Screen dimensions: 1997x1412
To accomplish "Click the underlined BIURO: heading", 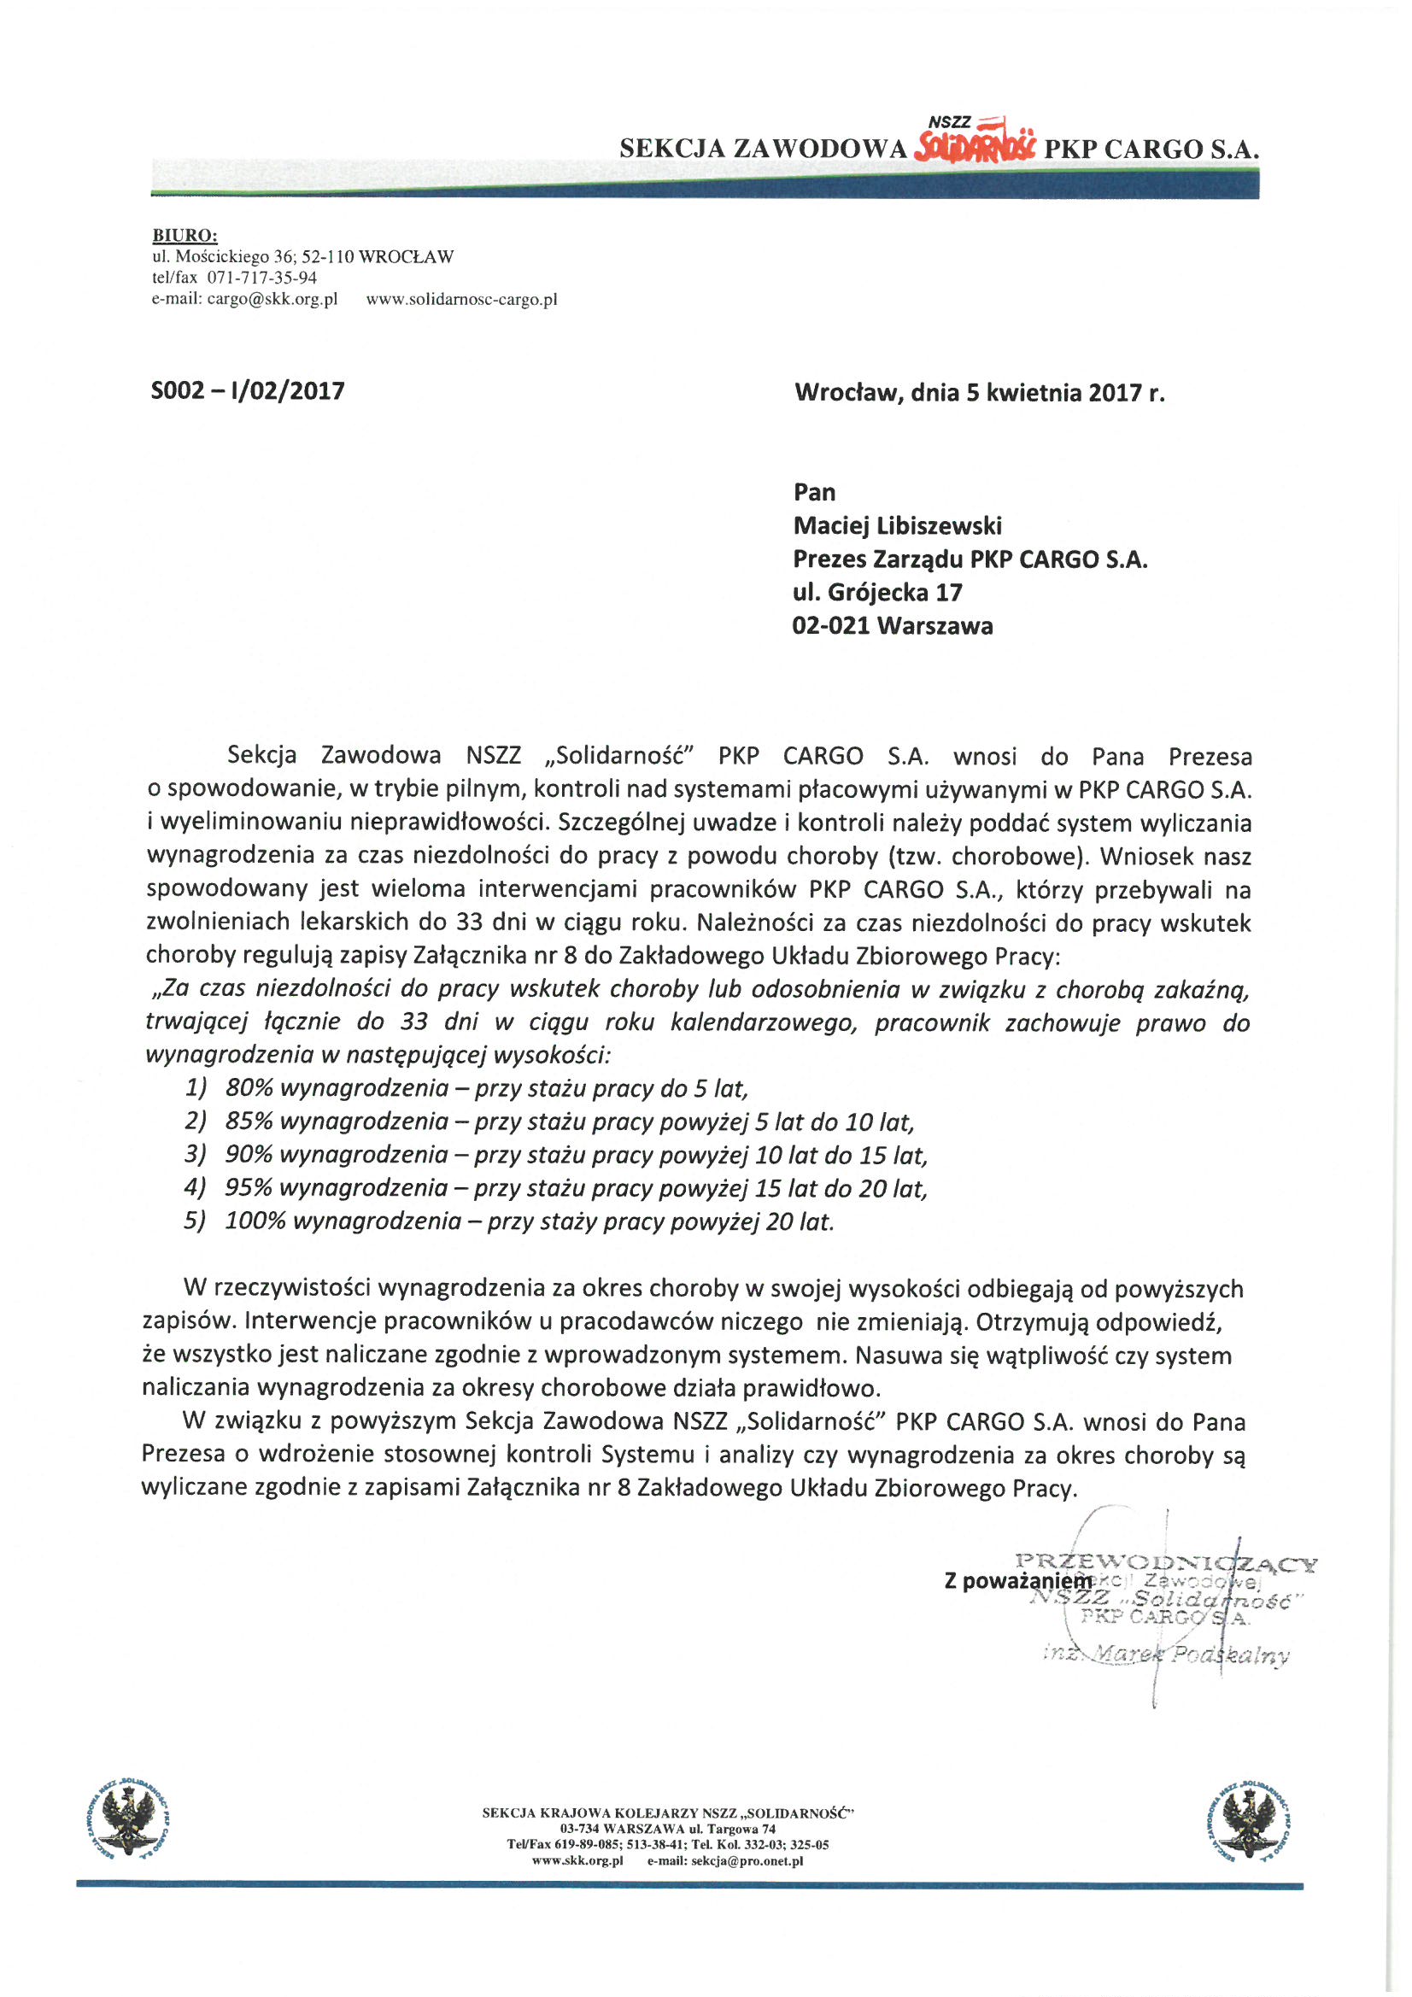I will pyautogui.click(x=185, y=235).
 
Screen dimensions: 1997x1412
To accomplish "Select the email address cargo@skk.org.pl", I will pyautogui.click(x=272, y=299).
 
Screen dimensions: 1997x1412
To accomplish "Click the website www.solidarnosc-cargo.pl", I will pyautogui.click(x=461, y=299).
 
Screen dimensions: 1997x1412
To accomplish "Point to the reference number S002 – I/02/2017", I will pyautogui.click(x=248, y=390).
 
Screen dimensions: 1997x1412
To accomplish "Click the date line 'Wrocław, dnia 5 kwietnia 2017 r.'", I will pyautogui.click(x=979, y=393).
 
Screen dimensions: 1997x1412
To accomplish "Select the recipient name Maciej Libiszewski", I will pyautogui.click(x=897, y=525).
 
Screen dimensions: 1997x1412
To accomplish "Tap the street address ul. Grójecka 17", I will pyautogui.click(x=877, y=592).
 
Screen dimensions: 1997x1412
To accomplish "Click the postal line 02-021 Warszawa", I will pyautogui.click(x=892, y=626).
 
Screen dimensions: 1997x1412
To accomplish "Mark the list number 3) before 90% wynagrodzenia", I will pyautogui.click(x=196, y=1155).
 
